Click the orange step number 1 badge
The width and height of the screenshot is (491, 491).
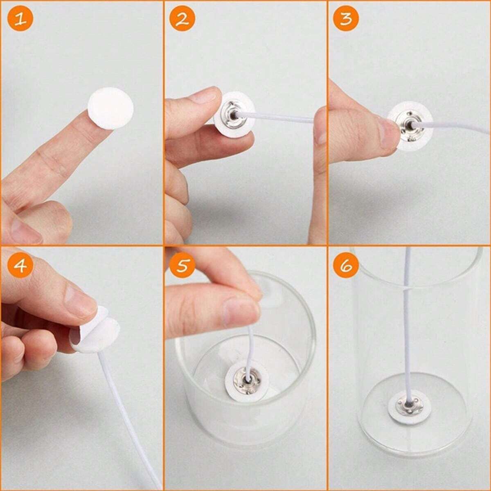(x=20, y=20)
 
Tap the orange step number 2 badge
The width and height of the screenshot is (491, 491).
(x=183, y=20)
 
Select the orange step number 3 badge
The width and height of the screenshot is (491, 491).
(x=346, y=20)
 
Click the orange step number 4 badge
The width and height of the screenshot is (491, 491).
(x=20, y=266)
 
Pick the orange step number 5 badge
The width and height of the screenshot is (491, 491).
(x=183, y=266)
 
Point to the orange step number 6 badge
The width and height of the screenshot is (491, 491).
(x=346, y=266)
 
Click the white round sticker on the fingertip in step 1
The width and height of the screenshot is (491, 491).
(x=110, y=109)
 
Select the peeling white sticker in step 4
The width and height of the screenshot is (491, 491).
(x=96, y=333)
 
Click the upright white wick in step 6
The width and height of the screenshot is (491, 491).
(x=408, y=327)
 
